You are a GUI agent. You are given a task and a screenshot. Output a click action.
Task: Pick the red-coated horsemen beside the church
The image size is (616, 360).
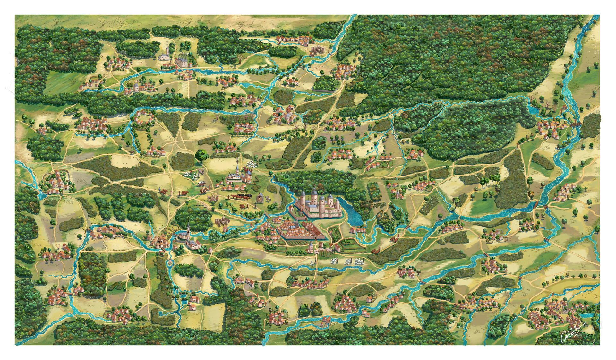click(247, 170)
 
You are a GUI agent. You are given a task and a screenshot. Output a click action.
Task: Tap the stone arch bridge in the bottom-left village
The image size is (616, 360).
click(69, 294)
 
